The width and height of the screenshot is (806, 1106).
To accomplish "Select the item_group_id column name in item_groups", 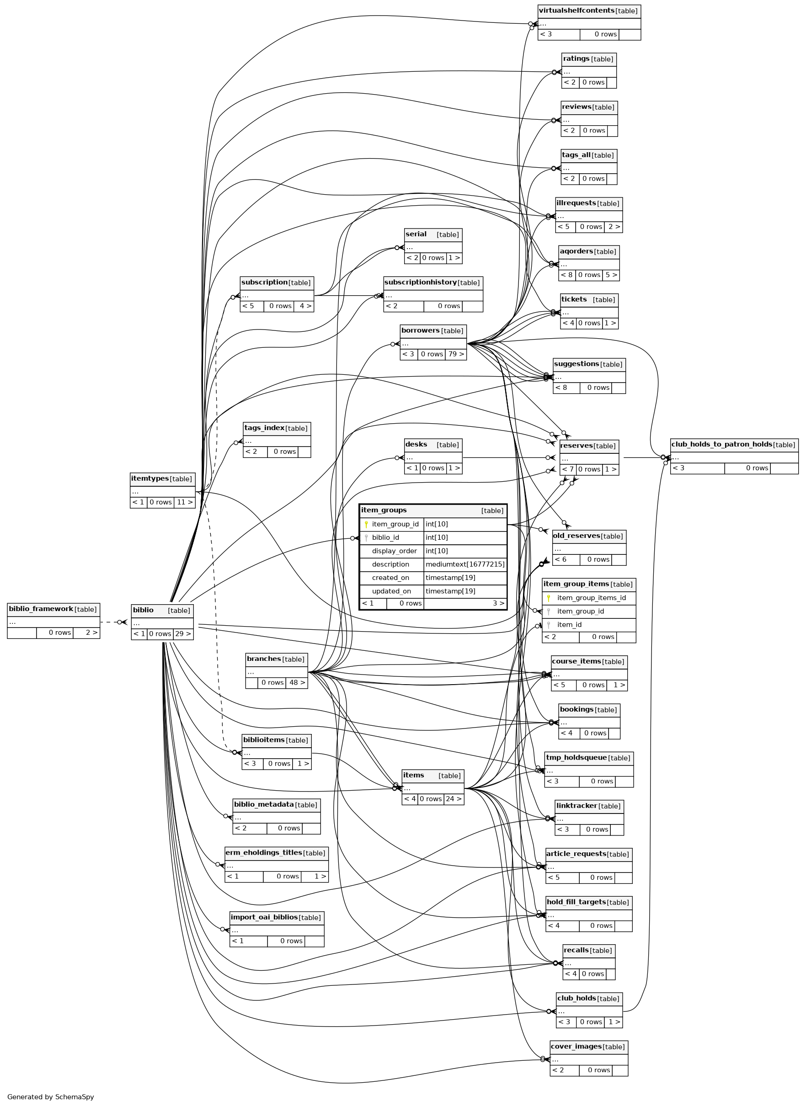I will (395, 524).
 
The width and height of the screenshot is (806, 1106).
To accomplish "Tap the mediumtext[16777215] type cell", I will (465, 564).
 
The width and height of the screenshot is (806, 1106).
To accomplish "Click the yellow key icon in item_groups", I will (366, 524).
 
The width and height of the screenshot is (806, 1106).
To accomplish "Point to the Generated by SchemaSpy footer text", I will (50, 1097).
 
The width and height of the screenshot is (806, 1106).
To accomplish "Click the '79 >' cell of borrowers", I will (456, 354).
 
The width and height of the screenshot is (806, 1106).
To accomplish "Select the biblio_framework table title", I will (41, 609).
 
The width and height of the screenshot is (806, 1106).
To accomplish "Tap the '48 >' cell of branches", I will (297, 682).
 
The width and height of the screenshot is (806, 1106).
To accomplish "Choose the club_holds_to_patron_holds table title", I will (721, 444).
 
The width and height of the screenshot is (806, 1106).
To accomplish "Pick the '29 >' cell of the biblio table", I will (182, 634).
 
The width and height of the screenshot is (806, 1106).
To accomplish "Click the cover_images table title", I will (576, 1047).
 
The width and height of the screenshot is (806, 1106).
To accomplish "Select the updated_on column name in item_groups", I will (391, 591).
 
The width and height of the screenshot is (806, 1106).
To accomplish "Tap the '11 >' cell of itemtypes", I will (184, 502).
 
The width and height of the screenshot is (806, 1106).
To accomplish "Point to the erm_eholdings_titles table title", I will (263, 852).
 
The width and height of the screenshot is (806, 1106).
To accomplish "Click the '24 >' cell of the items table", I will (454, 799).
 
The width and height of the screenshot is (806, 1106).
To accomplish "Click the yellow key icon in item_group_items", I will (549, 598).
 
